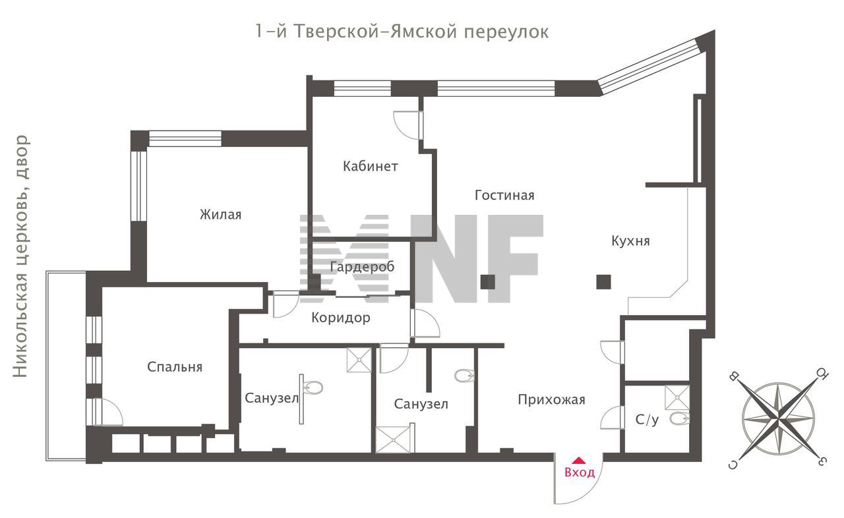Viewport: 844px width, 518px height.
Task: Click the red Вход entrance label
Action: (580, 472)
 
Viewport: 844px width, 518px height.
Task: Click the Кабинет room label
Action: (371, 166)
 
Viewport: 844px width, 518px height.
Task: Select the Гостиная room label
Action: (504, 195)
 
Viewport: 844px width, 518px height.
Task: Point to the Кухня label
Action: (631, 241)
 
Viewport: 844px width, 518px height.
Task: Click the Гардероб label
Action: (362, 267)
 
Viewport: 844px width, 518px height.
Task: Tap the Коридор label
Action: (341, 318)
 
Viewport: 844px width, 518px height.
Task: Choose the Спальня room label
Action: (175, 367)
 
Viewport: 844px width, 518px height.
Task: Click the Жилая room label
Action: (220, 215)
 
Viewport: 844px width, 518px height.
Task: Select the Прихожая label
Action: (552, 400)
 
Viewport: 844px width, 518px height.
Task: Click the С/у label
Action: (648, 420)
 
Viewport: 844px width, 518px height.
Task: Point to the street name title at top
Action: (402, 31)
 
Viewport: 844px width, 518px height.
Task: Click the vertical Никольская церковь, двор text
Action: (20, 256)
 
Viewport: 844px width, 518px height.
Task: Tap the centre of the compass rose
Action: (779, 418)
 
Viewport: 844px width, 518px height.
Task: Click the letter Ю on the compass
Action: (822, 374)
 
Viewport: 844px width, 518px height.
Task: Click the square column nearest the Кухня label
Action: (603, 281)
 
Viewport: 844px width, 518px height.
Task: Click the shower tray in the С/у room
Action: (677, 397)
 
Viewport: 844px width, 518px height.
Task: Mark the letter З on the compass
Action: (822, 461)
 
